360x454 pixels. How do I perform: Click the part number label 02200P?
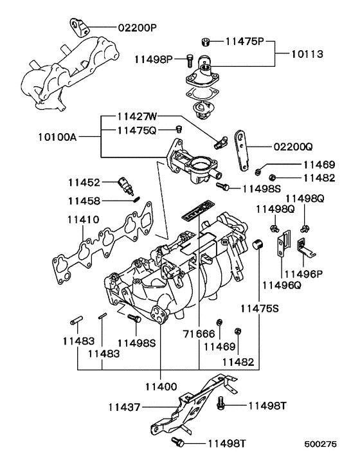click(x=136, y=28)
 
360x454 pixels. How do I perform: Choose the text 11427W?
click(x=136, y=117)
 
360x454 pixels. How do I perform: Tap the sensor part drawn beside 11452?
click(x=125, y=185)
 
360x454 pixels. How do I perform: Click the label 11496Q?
click(x=281, y=284)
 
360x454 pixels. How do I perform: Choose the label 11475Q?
click(x=136, y=130)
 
